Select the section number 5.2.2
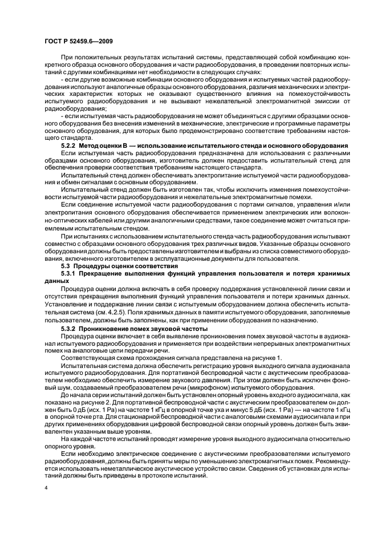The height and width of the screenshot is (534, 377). [x=70, y=148]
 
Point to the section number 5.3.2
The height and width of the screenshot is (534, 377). [x=70, y=329]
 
